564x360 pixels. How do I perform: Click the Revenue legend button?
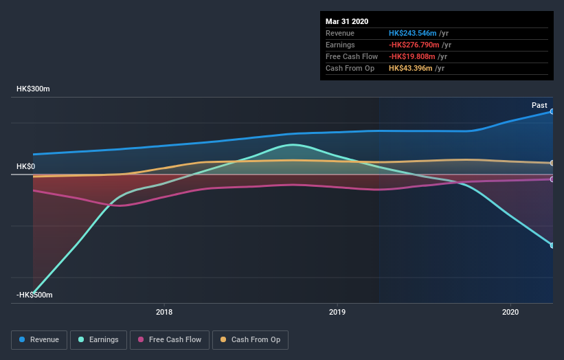[x=40, y=339]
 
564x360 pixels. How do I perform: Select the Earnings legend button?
[x=99, y=339]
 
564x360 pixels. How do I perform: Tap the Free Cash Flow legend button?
[x=170, y=339]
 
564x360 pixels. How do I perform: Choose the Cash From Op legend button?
[x=251, y=339]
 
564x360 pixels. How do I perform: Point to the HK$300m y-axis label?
[x=34, y=89]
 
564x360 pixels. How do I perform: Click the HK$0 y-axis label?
[x=26, y=166]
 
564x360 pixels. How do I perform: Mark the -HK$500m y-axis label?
[x=34, y=295]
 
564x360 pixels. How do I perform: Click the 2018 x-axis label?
[x=164, y=311]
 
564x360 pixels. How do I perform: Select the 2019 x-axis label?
[x=337, y=311]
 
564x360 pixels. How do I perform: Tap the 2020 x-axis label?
[x=510, y=311]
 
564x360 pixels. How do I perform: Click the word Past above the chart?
[x=539, y=105]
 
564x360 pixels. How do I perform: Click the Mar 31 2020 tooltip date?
[x=346, y=21]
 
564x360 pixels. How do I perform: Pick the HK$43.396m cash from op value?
[x=410, y=68]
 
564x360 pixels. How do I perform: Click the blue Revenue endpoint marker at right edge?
[x=552, y=111]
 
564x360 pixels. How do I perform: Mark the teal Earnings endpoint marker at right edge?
[x=552, y=245]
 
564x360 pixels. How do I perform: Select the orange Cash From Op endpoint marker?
[x=552, y=163]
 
